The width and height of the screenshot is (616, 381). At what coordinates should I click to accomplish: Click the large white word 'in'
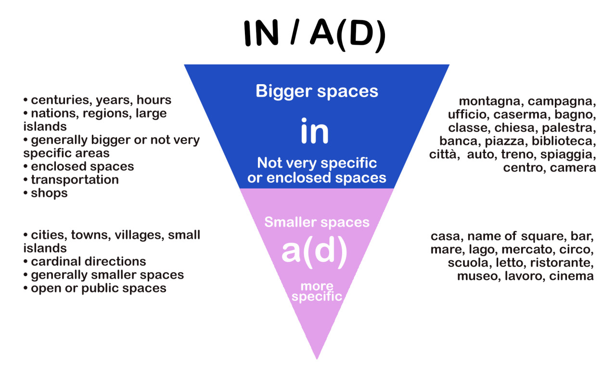coord(315,131)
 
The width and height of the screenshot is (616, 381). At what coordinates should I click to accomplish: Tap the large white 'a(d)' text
coord(314,252)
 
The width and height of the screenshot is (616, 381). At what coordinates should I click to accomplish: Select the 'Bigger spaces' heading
coord(317,91)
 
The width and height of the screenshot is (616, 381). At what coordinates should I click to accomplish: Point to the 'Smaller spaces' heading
coord(317,222)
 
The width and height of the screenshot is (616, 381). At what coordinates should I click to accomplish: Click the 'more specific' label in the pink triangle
coord(317,292)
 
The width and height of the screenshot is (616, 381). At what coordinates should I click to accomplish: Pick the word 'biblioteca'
coord(564,141)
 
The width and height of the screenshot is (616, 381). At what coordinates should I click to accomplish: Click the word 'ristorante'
coord(562,263)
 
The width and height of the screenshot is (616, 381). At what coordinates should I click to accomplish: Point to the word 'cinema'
coord(571,276)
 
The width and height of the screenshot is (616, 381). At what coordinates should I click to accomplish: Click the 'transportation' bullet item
coord(71,180)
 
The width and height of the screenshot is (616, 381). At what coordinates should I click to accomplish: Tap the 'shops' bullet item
coord(46,193)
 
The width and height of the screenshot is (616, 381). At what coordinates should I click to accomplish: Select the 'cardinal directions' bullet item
coord(85,261)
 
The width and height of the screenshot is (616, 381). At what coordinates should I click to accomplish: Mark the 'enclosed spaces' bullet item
coord(78,166)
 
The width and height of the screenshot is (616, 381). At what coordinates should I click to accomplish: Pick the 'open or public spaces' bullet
coord(95,288)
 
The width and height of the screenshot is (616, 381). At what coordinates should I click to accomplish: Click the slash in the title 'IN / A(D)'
coord(295,33)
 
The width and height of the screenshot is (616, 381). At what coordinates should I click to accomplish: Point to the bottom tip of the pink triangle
coord(317,359)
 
